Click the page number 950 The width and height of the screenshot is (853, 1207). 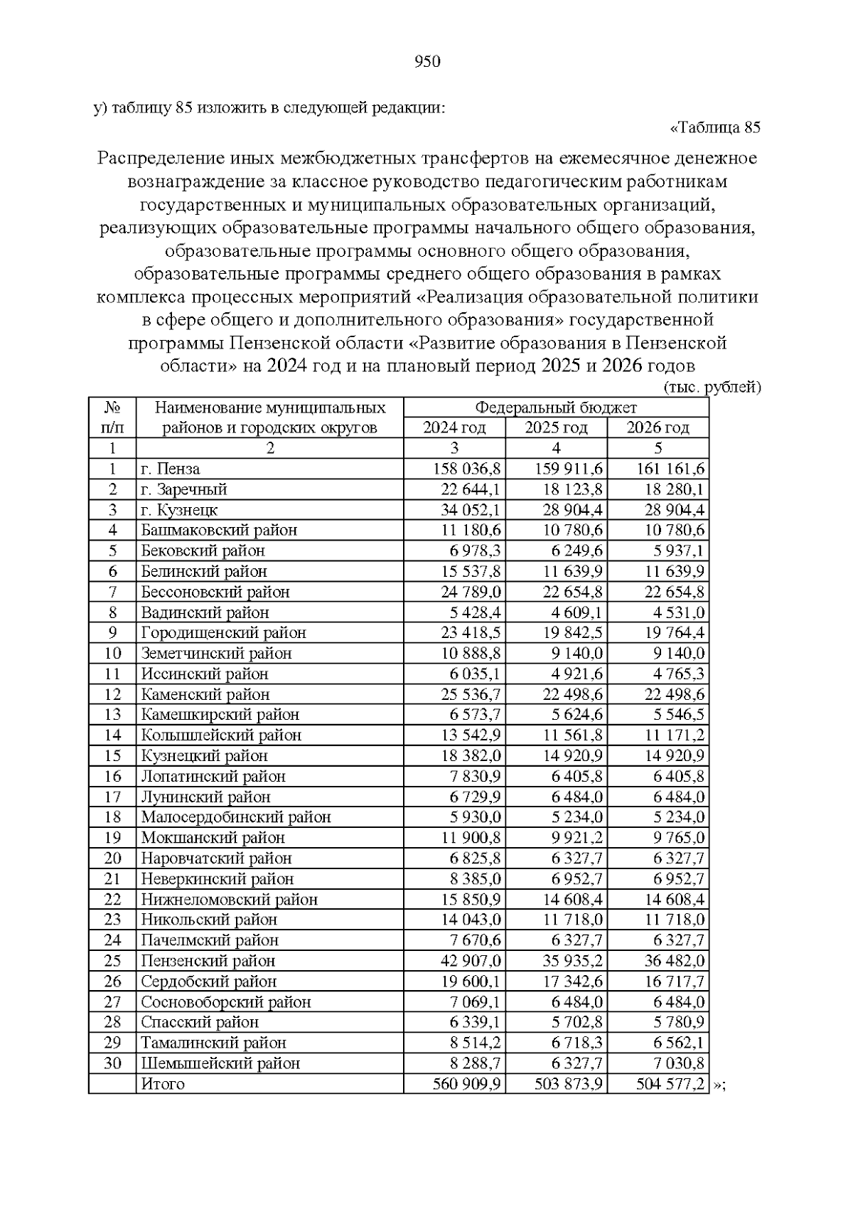click(x=426, y=62)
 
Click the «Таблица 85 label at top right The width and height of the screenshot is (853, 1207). click(x=715, y=128)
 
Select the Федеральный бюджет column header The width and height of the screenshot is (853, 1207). click(x=556, y=408)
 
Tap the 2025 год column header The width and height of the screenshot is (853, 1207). click(x=556, y=428)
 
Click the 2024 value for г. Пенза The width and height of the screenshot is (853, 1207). click(x=467, y=469)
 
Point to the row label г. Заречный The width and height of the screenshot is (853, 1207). click(x=184, y=490)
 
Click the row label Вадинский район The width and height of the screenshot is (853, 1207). click(x=205, y=613)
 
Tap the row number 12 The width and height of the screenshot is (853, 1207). click(x=112, y=695)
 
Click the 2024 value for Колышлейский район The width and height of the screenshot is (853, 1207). click(x=467, y=735)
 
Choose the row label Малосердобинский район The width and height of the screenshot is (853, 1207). click(x=236, y=818)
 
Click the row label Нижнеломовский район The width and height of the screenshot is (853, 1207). click(x=229, y=900)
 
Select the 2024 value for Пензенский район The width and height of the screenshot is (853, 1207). click(x=467, y=962)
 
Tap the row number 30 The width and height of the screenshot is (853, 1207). click(x=112, y=1064)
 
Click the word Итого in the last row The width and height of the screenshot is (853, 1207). click(x=163, y=1085)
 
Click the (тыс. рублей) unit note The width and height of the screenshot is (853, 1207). click(x=712, y=388)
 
